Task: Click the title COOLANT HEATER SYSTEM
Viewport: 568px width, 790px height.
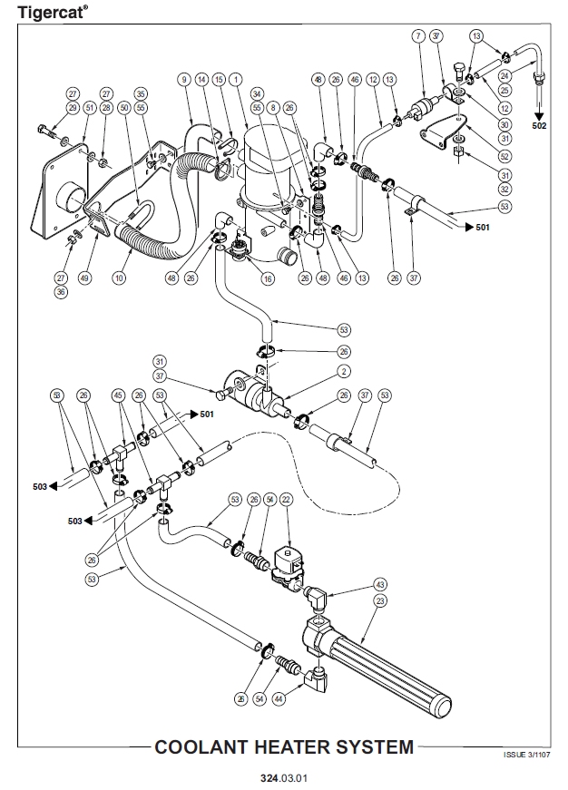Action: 284,747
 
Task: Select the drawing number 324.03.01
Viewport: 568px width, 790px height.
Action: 283,778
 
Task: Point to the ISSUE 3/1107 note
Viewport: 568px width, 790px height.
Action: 526,755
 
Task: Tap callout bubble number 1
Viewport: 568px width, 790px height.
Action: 236,80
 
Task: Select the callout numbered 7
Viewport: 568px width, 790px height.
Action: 417,36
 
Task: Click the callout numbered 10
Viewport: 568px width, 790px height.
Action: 119,278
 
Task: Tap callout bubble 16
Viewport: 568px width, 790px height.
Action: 268,279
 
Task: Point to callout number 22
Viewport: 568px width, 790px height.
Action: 286,500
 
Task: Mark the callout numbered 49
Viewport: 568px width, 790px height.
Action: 86,278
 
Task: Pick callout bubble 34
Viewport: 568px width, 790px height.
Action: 258,93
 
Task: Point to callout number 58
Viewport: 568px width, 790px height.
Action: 56,395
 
